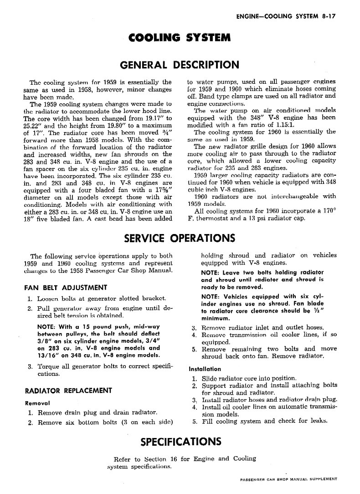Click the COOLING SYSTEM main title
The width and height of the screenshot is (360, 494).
tap(180, 37)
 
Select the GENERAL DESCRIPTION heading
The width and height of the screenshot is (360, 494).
tap(180, 65)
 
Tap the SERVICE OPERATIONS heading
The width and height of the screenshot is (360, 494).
tap(180, 238)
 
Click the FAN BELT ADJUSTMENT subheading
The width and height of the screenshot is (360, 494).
tap(66, 287)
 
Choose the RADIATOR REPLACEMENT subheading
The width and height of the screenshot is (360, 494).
tap(68, 390)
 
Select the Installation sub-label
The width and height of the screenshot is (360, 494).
tap(205, 369)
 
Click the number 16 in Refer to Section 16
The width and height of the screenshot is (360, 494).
tap(173, 458)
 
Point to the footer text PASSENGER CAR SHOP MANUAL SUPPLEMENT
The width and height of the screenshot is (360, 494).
tap(288, 479)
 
